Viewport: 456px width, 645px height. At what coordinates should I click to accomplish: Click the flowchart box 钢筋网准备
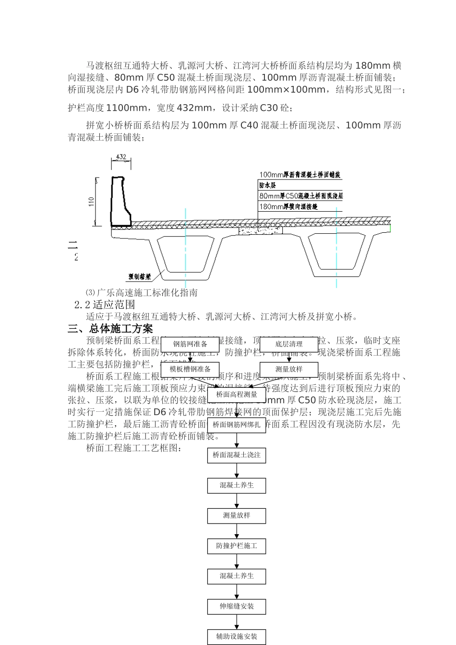point(190,344)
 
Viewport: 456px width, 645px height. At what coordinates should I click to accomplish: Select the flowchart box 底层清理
point(289,344)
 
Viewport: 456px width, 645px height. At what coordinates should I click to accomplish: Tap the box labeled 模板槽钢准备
point(190,369)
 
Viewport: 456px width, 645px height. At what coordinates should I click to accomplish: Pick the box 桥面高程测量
point(237,394)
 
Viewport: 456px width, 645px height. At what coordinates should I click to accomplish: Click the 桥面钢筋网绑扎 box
point(237,425)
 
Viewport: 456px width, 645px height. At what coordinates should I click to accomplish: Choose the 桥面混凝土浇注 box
point(237,455)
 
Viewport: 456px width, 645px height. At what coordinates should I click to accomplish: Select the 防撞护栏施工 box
point(237,546)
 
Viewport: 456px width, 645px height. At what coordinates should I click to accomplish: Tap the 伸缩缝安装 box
point(237,606)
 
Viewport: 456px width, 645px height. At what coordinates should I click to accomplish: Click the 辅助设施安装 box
point(237,636)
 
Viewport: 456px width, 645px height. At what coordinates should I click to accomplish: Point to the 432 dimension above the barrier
point(121,157)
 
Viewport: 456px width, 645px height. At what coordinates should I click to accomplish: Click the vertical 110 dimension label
point(91,202)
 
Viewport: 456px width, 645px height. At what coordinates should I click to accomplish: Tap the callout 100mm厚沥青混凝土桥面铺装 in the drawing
point(300,175)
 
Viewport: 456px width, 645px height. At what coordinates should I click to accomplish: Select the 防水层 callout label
point(268,185)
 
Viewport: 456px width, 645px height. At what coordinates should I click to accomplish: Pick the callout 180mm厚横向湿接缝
point(288,207)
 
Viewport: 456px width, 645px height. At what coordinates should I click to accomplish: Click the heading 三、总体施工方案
point(110,329)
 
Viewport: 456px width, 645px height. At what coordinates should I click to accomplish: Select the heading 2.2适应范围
point(105,305)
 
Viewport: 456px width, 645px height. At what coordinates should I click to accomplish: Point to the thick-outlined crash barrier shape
point(121,202)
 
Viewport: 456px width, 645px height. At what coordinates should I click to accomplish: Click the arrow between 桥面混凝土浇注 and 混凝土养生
point(237,470)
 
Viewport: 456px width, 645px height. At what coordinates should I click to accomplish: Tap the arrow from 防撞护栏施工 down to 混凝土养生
point(237,561)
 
